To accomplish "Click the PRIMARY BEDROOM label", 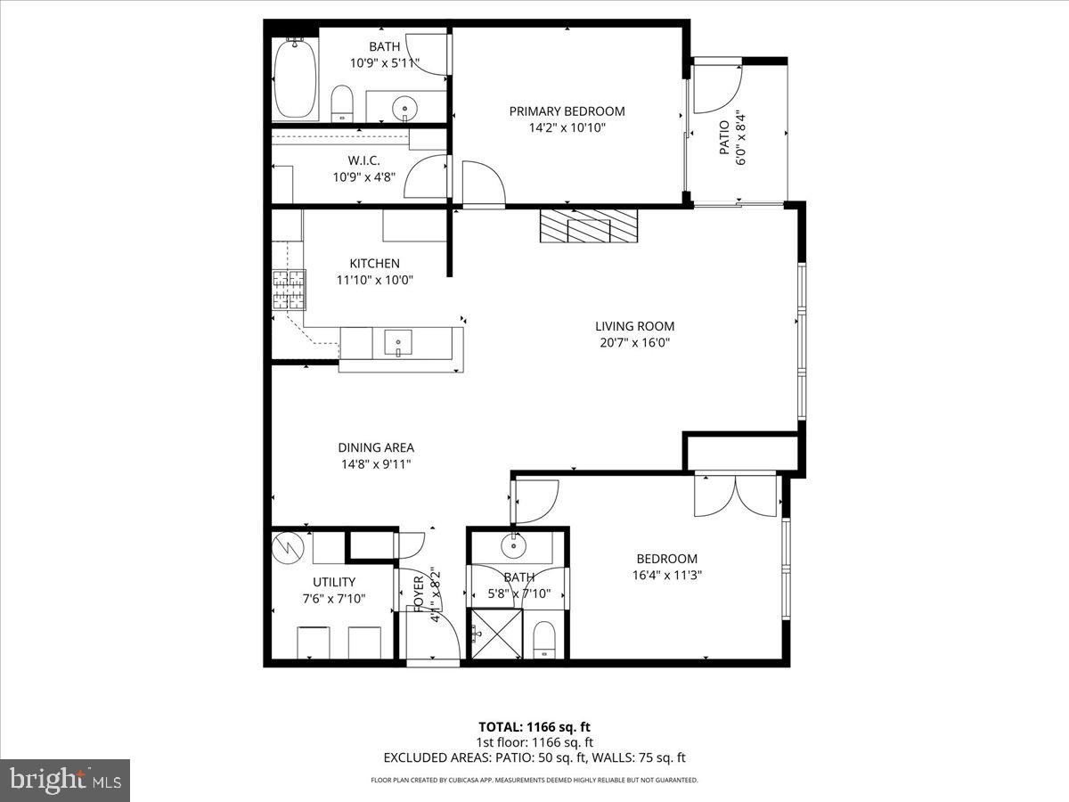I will (x=567, y=111).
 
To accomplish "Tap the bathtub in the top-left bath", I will (x=295, y=80).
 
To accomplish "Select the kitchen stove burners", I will (x=289, y=290).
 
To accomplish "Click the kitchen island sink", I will (x=398, y=340).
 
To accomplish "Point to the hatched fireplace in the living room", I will (x=589, y=225).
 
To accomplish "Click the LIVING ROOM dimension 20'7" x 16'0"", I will (x=634, y=342).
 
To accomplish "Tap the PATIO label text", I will (x=723, y=138).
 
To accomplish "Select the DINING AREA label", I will (x=375, y=447).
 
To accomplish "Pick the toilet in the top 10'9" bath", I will (x=343, y=104).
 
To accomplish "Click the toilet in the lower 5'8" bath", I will (x=544, y=641).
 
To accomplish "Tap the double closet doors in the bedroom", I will (x=735, y=496).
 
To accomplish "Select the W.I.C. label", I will (x=364, y=160).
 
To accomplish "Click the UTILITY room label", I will (x=334, y=582).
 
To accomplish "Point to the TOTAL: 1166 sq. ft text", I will (x=534, y=725).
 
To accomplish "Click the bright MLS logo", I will (x=65, y=781).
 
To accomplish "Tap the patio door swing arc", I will (x=717, y=89).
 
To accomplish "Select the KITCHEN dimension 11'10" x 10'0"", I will (x=374, y=280).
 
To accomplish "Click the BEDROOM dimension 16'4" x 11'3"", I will (x=666, y=575).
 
